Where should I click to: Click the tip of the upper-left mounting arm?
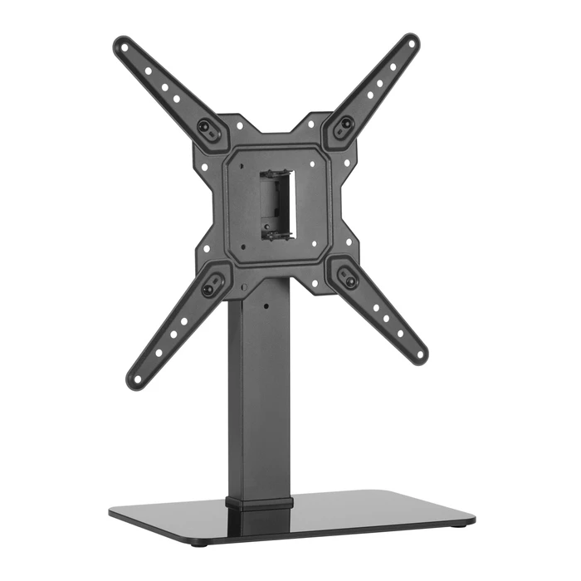click(x=120, y=43)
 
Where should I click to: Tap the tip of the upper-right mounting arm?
click(x=412, y=40)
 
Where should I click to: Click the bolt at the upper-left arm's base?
click(x=203, y=126)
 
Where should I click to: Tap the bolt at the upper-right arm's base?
click(x=346, y=124)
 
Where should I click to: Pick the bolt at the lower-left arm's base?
click(x=207, y=290)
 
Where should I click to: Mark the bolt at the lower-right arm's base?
click(x=350, y=281)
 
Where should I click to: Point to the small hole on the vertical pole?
click(x=267, y=305)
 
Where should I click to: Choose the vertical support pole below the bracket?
click(x=259, y=390)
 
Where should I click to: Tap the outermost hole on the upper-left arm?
click(x=125, y=46)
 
